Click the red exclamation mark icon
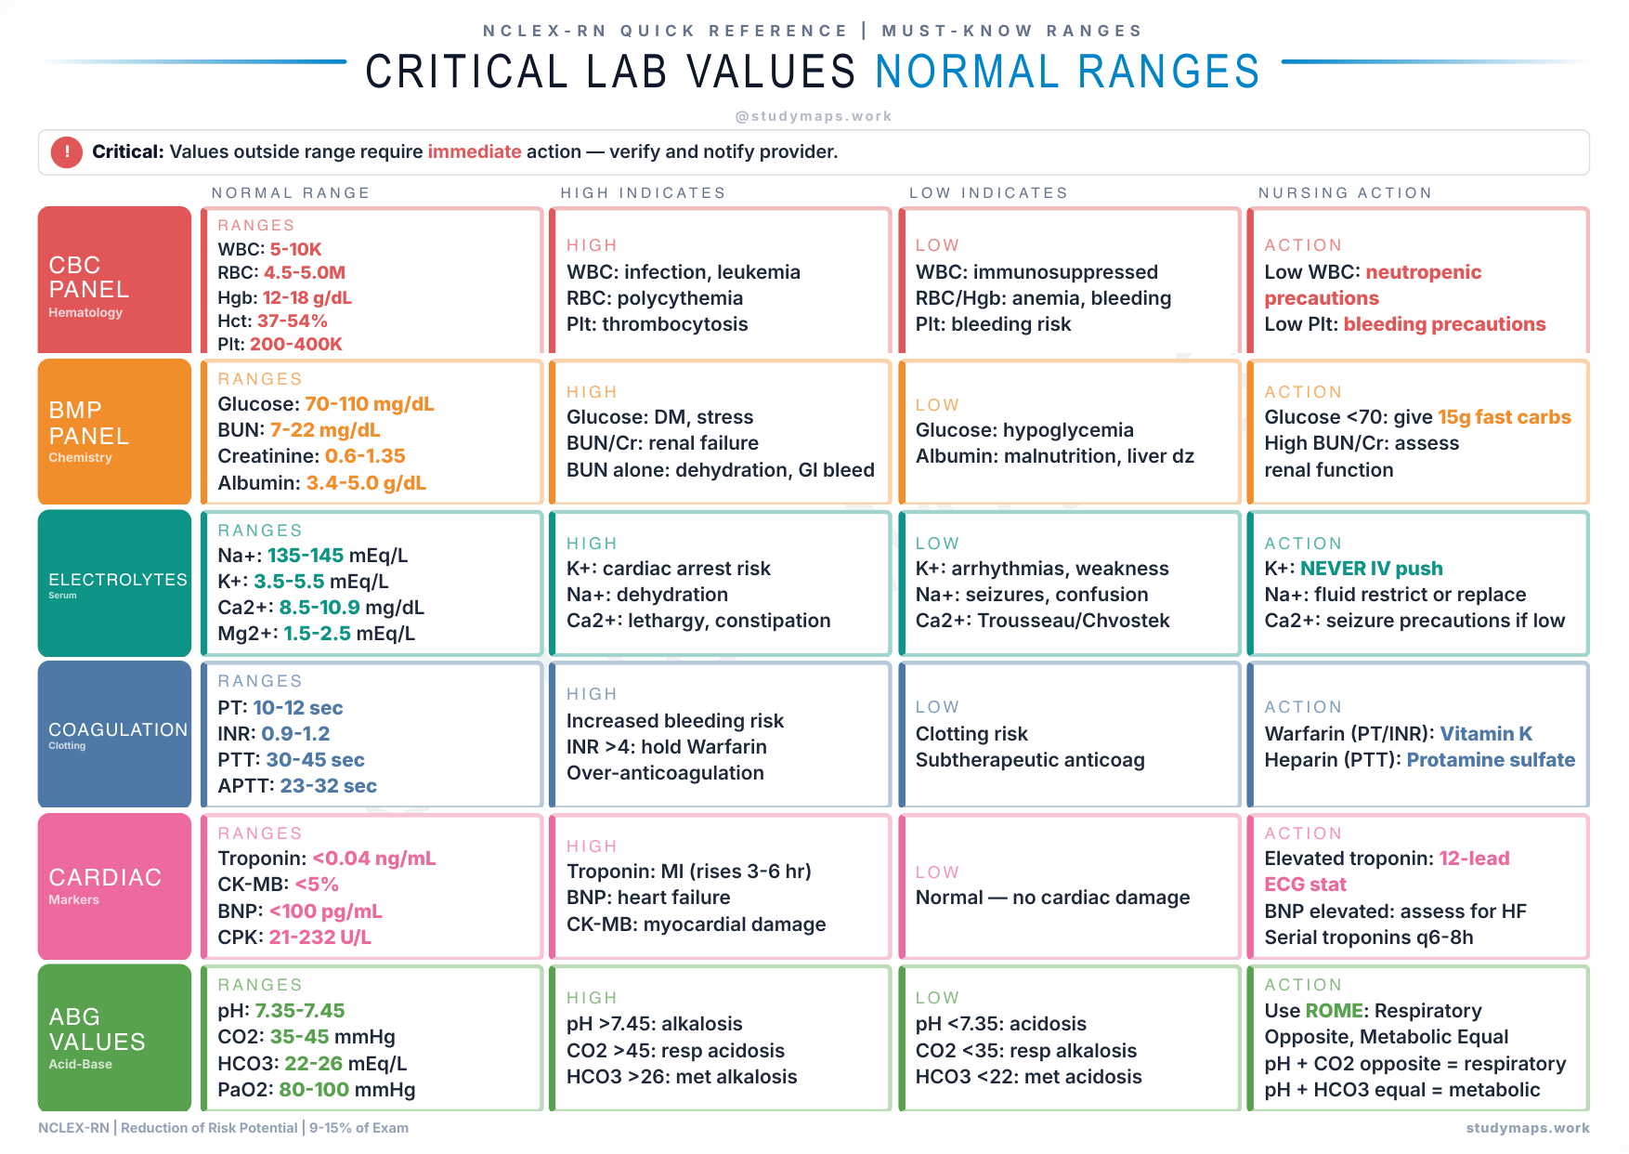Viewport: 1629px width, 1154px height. point(67,151)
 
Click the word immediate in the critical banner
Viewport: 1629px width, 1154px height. point(474,151)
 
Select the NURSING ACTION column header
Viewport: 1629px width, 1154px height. point(1345,192)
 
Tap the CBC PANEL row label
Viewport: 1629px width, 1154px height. point(89,278)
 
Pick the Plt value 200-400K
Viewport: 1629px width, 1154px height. point(295,344)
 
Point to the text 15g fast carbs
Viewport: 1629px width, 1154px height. point(1504,417)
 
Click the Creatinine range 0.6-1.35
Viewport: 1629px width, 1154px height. point(365,456)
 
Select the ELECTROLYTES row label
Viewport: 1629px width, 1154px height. point(118,580)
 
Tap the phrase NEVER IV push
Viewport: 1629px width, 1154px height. point(1371,569)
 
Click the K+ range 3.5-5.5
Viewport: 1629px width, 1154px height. point(289,582)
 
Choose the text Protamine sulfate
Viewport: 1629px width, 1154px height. point(1490,760)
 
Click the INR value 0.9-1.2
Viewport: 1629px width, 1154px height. point(295,734)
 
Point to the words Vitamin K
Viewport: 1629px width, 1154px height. point(1485,734)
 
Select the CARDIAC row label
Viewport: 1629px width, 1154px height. point(105,877)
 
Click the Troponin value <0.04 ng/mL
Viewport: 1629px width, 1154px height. point(373,859)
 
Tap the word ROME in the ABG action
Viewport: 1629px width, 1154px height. point(1334,1011)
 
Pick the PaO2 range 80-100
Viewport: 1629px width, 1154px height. point(314,1090)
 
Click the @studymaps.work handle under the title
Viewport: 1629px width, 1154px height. point(813,116)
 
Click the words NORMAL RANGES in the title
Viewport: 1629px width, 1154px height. point(1066,72)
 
